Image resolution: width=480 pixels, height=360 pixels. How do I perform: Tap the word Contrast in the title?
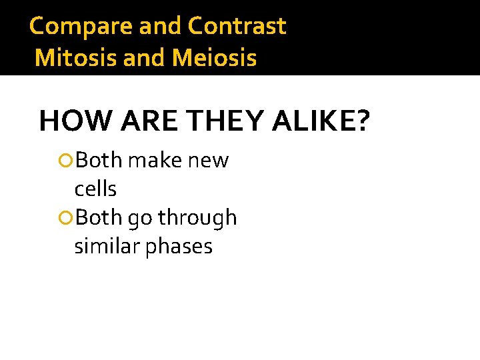tap(237, 27)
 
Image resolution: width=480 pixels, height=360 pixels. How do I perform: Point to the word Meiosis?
tap(214, 58)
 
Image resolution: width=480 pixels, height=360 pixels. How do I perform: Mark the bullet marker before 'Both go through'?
tap(65, 218)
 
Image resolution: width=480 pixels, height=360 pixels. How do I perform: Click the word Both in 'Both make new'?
tap(99, 161)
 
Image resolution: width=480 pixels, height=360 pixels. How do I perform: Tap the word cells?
tap(95, 189)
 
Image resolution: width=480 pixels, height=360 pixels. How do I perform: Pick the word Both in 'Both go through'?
tap(99, 218)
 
